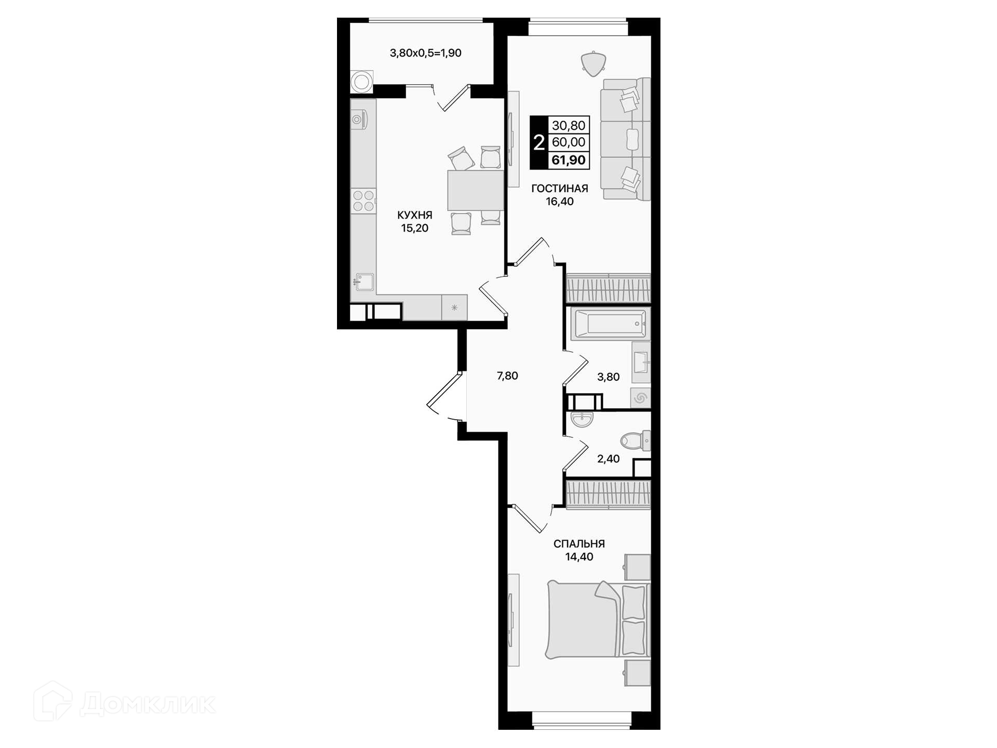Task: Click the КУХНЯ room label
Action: click(414, 215)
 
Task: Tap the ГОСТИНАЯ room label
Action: click(559, 189)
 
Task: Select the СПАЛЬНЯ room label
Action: click(579, 544)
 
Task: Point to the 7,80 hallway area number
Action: click(507, 376)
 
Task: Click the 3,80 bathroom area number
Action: click(608, 377)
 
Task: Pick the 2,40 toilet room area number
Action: click(608, 459)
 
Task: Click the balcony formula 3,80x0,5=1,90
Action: click(425, 53)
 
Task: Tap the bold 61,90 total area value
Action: click(569, 160)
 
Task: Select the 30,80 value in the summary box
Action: click(569, 125)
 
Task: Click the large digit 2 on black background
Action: click(539, 142)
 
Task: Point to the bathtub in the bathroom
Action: click(609, 324)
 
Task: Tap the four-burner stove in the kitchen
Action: click(363, 201)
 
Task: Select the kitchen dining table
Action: click(475, 190)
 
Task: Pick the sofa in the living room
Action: click(626, 139)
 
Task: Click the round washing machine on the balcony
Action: click(361, 82)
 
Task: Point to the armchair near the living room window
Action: click(594, 64)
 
